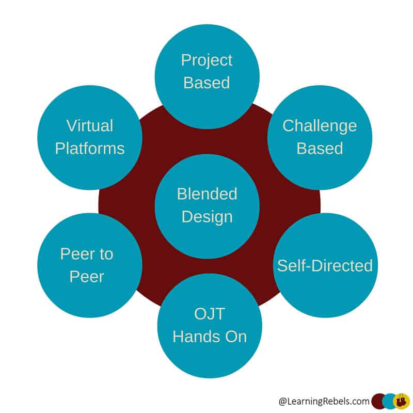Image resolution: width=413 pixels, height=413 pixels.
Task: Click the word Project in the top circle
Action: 206,60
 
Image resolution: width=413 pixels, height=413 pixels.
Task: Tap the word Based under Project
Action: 206,83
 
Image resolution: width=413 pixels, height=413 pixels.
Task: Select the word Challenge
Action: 320,125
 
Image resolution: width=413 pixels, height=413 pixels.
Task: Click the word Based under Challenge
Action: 320,148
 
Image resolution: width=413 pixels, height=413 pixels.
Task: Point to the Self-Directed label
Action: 325,265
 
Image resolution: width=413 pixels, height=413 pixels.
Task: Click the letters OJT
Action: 210,314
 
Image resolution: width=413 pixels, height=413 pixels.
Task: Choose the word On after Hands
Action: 235,337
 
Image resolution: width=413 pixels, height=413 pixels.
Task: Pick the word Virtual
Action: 90,125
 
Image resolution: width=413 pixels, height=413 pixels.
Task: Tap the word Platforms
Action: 90,148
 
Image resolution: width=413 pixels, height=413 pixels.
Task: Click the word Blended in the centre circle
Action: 207,194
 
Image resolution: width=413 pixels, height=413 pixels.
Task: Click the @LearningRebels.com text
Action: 323,401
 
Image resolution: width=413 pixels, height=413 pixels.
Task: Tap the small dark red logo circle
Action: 378,401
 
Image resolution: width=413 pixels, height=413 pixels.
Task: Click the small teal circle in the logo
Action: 390,401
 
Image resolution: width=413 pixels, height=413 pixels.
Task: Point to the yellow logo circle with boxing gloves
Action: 402,401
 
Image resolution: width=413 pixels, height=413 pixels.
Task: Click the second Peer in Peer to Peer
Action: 90,277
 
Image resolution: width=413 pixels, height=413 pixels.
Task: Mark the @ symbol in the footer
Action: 282,401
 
